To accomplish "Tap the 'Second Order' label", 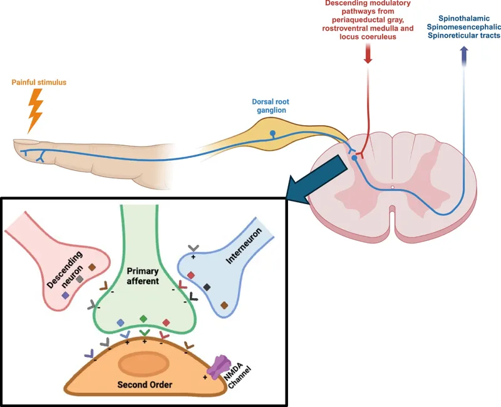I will click(x=145, y=383).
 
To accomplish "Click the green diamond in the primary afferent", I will click(x=144, y=319).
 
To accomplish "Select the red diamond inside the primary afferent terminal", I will click(x=167, y=322).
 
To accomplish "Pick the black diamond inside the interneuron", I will click(x=207, y=286).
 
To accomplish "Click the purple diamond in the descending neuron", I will click(x=65, y=294).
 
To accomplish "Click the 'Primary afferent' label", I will click(x=145, y=277).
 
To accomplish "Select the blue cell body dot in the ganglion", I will click(x=272, y=133).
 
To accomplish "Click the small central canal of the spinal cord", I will click(x=392, y=186).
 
